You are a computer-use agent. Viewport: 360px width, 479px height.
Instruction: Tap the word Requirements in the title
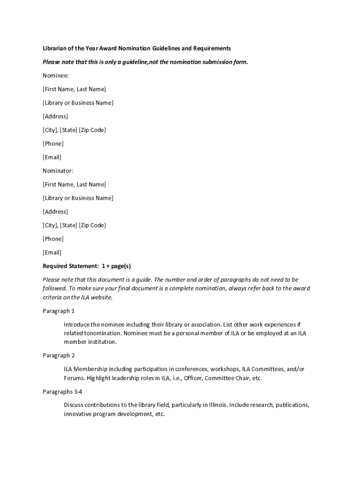212,48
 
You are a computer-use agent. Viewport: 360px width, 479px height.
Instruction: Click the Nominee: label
56,75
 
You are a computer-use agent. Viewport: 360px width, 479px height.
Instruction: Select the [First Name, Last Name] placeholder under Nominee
74,89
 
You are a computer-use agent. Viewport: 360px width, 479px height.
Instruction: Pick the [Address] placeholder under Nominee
55,116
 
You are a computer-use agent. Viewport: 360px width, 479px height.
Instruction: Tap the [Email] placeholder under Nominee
52,157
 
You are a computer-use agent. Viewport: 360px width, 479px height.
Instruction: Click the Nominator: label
58,171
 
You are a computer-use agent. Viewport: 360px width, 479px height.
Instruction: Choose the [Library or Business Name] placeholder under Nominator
78,198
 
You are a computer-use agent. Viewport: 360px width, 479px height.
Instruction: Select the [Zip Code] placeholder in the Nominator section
93,225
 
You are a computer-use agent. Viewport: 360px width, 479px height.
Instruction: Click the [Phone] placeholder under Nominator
53,239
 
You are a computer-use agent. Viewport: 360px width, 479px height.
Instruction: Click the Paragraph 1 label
59,311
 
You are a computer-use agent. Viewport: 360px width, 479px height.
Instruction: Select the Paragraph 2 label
59,356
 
